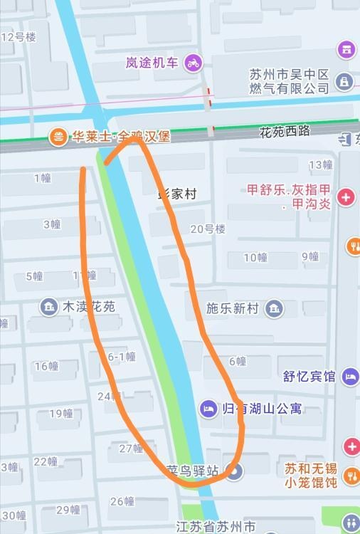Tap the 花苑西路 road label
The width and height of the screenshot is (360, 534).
[285, 131]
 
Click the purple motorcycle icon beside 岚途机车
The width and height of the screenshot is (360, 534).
[193, 63]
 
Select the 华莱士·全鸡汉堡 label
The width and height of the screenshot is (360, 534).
[121, 136]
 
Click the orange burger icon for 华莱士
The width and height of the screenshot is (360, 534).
[58, 136]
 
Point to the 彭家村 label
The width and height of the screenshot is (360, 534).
[176, 194]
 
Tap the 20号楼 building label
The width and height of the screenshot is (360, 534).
[208, 229]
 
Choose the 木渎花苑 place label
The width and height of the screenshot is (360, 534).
[89, 307]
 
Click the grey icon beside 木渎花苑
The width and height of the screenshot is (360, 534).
[49, 307]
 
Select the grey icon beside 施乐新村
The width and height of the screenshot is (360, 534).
[274, 308]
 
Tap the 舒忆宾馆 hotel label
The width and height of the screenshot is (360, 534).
[309, 376]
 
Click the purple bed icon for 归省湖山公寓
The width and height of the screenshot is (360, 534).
[208, 409]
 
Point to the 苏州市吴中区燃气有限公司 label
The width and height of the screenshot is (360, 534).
[289, 81]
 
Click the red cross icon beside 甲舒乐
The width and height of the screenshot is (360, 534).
[346, 197]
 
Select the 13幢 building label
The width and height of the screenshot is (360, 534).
[321, 164]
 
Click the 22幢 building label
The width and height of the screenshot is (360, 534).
[46, 461]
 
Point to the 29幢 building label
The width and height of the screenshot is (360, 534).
[68, 509]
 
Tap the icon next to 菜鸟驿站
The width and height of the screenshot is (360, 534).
[236, 471]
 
